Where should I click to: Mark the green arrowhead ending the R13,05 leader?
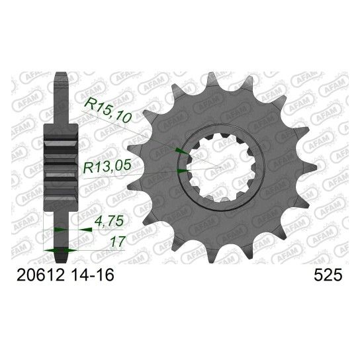(x=182, y=171)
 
